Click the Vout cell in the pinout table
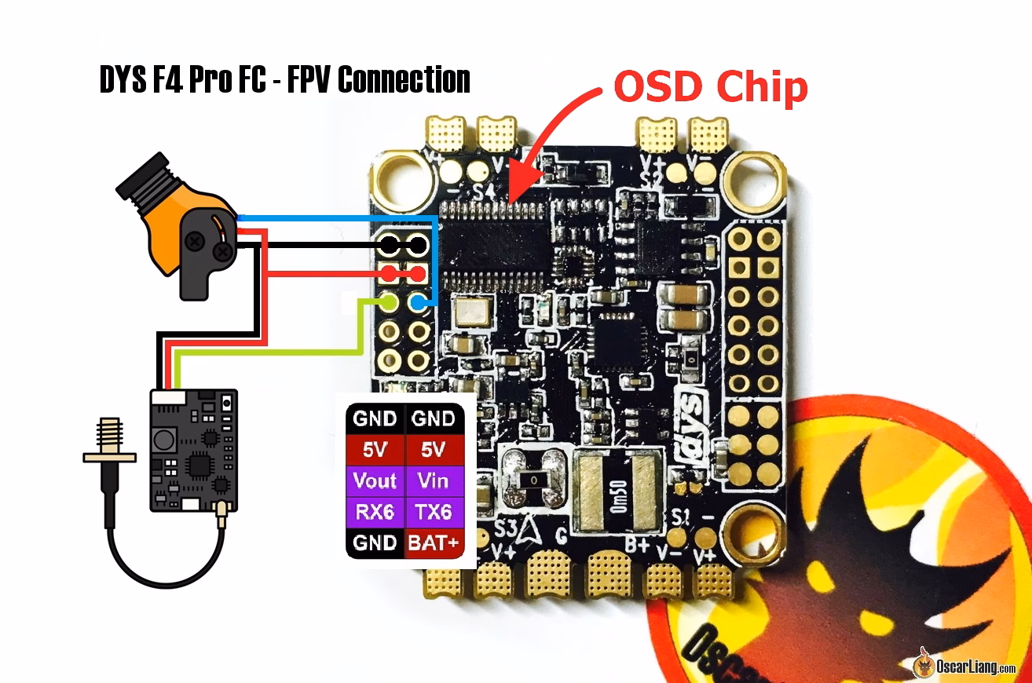click(x=375, y=480)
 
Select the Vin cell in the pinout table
click(x=434, y=480)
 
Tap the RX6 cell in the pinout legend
click(x=375, y=511)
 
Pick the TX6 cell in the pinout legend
click(x=434, y=511)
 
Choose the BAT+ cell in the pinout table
click(x=434, y=542)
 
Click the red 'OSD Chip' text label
click(x=711, y=88)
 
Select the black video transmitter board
click(x=193, y=451)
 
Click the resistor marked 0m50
click(x=617, y=491)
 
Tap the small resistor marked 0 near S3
click(x=534, y=478)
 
